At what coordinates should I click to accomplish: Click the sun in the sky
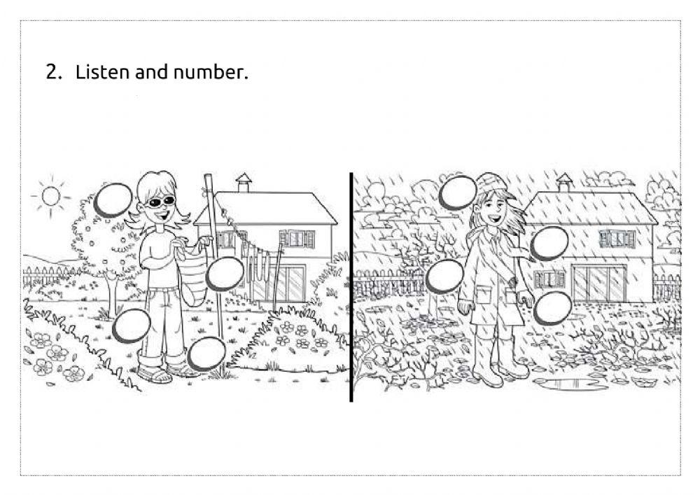(x=50, y=196)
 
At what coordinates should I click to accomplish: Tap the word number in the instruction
(x=211, y=73)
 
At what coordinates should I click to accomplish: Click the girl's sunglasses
(x=160, y=202)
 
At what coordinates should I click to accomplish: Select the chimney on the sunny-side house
(x=244, y=183)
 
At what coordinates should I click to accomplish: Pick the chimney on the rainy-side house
(x=564, y=183)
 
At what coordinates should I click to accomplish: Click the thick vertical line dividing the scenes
(x=351, y=287)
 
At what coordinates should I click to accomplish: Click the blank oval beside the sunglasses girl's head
(x=113, y=200)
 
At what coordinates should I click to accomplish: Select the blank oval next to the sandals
(x=206, y=354)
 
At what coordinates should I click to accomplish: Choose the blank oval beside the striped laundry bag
(x=225, y=274)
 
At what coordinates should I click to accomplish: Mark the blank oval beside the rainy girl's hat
(x=458, y=193)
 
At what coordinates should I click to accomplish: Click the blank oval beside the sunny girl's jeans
(x=132, y=326)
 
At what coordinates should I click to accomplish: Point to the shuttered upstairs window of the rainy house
(x=617, y=239)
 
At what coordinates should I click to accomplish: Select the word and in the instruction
(x=150, y=72)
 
